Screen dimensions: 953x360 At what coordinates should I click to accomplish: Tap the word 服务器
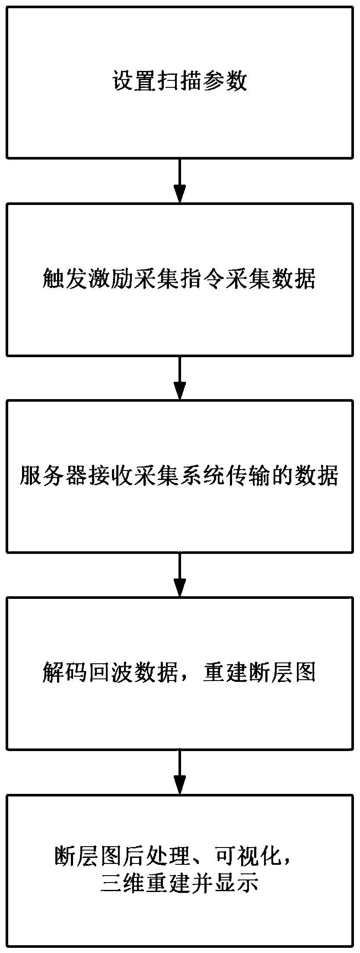[x=54, y=476]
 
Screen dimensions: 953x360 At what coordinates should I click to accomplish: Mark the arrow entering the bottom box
[x=179, y=771]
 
